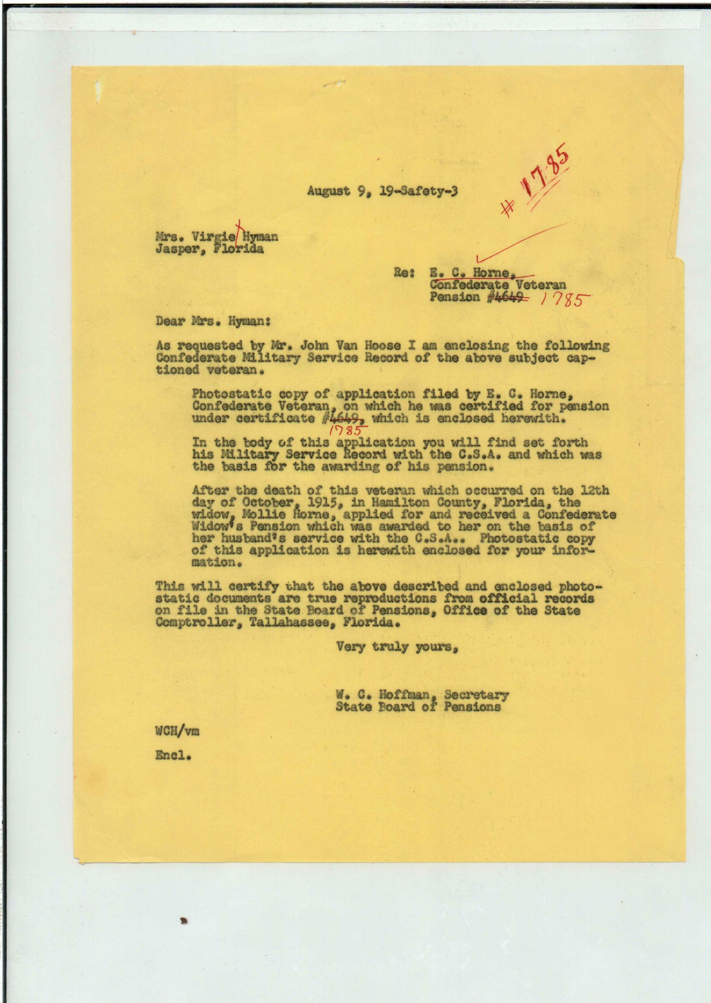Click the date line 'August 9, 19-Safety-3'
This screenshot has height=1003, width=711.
tap(382, 191)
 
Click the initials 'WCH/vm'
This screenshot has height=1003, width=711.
tap(177, 730)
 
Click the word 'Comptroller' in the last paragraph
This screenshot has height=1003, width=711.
tap(198, 622)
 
